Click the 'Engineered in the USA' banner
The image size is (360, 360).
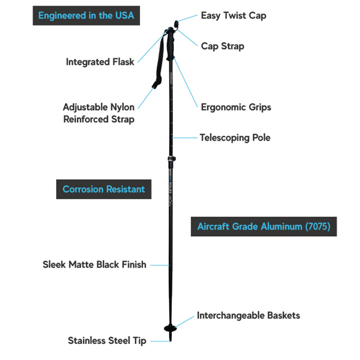point(86,15)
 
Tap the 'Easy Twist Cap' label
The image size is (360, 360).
point(233,15)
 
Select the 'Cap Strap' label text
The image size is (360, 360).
point(222,46)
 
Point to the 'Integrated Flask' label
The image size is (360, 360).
point(100,62)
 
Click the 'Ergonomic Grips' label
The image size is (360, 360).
point(236,107)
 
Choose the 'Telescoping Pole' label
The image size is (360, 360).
point(235,137)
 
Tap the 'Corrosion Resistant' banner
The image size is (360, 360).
point(103,189)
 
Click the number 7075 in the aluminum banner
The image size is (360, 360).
point(317,226)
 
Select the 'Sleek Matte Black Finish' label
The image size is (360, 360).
point(94,264)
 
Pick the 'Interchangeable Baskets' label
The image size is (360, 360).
point(248,315)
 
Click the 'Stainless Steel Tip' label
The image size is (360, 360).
point(107,340)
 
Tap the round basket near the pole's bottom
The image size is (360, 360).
point(170,328)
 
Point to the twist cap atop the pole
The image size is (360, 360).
point(176,22)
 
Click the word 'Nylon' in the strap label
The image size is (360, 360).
point(122,107)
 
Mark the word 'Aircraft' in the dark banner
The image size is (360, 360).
point(213,226)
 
